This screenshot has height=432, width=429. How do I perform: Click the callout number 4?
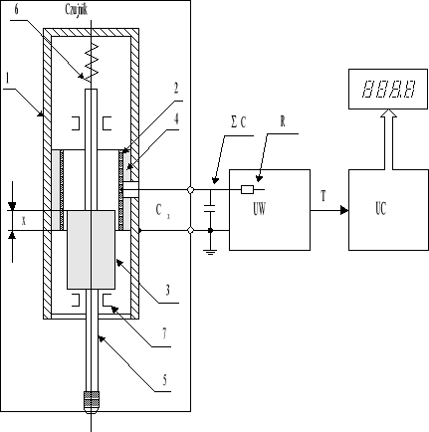pyautogui.click(x=172, y=118)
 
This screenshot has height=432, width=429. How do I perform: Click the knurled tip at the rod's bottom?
pyautogui.click(x=91, y=402)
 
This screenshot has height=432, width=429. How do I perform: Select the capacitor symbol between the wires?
pyautogui.click(x=211, y=209)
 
